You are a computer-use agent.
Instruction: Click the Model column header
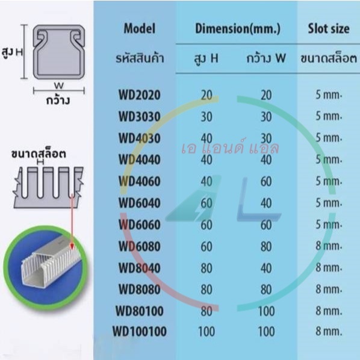pos(140,29)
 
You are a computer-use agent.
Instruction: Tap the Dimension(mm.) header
pos(238,29)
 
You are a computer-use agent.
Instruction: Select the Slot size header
pos(329,29)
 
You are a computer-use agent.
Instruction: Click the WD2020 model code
pos(139,95)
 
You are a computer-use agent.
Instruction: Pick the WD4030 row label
pos(139,138)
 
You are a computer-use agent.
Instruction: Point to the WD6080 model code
pos(139,247)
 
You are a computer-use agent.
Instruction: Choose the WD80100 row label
pos(140,311)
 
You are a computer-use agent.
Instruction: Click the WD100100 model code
pos(140,332)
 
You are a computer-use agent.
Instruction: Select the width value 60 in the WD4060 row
pos(266,182)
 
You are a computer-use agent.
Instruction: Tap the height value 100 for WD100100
pos(206,332)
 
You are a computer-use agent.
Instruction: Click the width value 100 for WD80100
pos(266,311)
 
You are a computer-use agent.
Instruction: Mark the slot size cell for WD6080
pos(329,246)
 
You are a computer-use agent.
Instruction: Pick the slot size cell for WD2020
pos(329,95)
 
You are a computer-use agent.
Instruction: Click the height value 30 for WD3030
pos(206,117)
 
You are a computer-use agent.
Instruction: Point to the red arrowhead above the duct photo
pos(72,246)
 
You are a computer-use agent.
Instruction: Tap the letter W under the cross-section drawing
pos(59,85)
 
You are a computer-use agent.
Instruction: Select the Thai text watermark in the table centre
pos(231,147)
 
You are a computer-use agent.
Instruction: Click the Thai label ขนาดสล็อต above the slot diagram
pos(39,154)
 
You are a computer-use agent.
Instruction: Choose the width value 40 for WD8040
pos(266,268)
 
